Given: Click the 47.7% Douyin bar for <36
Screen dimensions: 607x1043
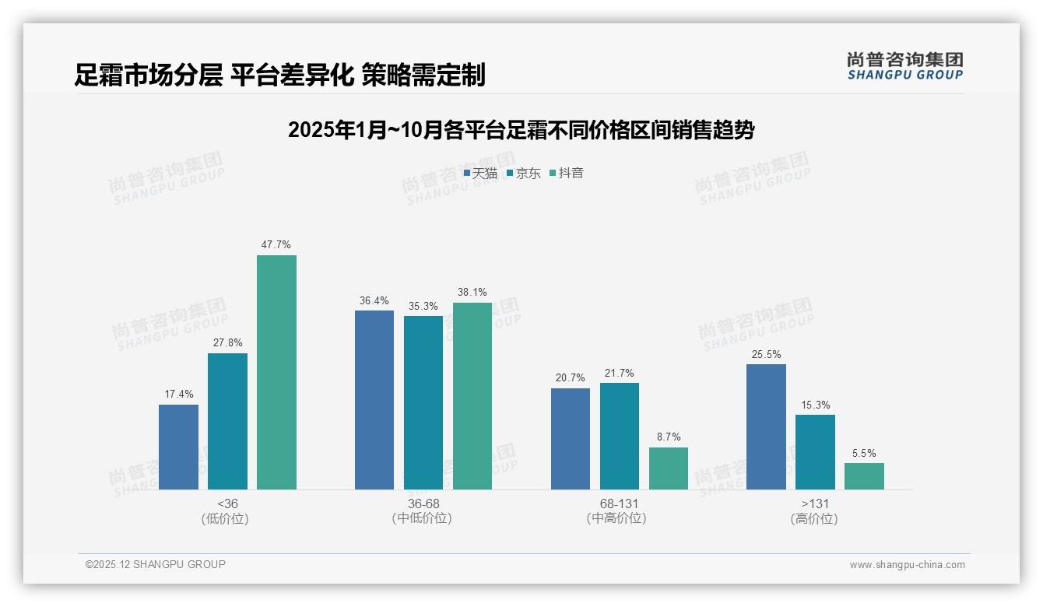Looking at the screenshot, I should [x=276, y=372].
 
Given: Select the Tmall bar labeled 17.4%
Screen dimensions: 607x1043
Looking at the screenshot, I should [x=178, y=447].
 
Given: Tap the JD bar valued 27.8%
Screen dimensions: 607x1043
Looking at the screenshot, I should [x=227, y=421].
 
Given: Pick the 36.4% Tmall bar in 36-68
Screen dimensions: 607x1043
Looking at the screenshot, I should [x=374, y=399].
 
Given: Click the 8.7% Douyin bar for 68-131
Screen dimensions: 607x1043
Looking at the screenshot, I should [x=669, y=468].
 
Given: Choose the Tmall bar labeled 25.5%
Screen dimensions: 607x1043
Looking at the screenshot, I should [x=766, y=426].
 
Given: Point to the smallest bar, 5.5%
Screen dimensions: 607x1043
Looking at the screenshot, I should [x=864, y=476].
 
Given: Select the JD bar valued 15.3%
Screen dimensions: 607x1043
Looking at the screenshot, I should [x=815, y=451].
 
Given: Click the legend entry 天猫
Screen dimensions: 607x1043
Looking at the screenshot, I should [x=481, y=174].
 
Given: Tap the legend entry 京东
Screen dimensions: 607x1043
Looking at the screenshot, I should [x=524, y=174].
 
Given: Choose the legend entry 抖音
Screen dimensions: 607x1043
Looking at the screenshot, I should [x=567, y=174].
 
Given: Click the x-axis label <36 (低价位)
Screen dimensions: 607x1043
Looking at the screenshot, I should [x=227, y=511].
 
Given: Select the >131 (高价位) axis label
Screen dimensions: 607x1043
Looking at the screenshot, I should [x=815, y=511].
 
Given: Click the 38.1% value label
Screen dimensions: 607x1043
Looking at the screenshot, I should [x=472, y=293].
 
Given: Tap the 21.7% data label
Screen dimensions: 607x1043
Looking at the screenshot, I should [x=620, y=374].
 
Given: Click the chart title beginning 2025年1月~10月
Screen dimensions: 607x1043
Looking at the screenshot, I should [x=521, y=130].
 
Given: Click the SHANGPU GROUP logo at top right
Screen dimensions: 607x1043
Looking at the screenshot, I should [x=904, y=66].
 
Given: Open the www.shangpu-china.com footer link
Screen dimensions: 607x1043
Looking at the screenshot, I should [x=907, y=565].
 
